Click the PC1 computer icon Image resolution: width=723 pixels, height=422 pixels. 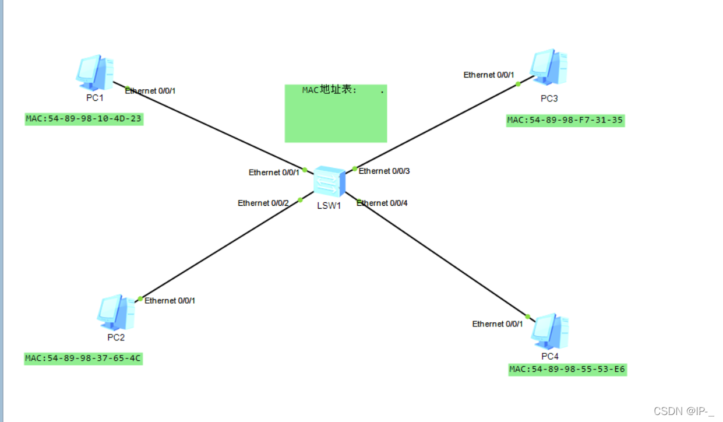coord(94,73)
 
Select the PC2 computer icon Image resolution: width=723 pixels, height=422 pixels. coord(116,312)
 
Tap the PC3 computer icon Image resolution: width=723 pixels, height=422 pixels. coord(548,67)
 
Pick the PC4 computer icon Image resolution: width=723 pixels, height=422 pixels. coord(549,331)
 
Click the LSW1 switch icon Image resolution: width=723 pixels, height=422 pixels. coord(329,181)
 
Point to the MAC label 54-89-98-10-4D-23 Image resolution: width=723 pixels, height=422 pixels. coord(84,119)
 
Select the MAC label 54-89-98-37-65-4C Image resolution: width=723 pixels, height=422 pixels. coord(83,358)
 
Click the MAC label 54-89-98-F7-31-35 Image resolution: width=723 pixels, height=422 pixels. coord(565,121)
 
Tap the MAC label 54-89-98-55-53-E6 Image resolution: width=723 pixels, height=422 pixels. coord(567,370)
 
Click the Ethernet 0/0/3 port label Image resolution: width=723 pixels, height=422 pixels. coord(384,171)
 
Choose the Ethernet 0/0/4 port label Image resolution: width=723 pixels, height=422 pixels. coord(382,203)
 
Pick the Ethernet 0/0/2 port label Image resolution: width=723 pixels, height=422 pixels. coord(263,203)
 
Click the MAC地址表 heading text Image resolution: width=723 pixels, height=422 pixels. coord(329,89)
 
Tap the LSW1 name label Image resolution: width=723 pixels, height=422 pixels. coord(329,206)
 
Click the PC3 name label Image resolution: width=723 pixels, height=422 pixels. coord(549,99)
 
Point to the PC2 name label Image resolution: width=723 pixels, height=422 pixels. coord(116,337)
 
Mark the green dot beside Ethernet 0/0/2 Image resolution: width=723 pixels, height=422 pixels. coord(300,200)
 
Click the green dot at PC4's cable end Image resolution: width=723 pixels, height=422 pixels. coord(527,316)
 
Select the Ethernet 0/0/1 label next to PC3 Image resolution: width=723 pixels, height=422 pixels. coord(489,75)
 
